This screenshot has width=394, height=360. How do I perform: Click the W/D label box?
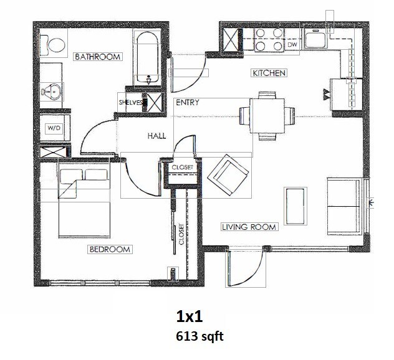52,128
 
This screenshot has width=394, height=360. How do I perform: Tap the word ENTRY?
187,103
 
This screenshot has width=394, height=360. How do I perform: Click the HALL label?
156,135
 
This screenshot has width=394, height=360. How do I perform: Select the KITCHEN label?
269,73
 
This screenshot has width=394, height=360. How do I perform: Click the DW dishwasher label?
292,45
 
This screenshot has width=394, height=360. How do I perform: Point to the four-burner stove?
268,39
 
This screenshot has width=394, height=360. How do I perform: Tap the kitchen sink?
317,41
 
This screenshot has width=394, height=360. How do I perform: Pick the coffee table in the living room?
295,206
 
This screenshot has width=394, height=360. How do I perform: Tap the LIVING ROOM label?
249,227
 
